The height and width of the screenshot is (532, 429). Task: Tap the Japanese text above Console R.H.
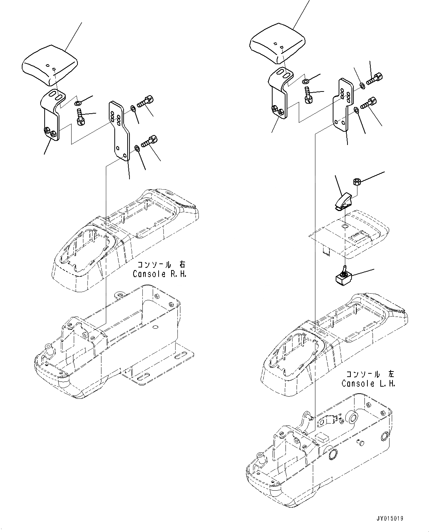coord(162,265)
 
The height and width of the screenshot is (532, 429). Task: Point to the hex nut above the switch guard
coord(356,181)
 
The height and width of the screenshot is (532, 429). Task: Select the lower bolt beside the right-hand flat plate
coord(149,141)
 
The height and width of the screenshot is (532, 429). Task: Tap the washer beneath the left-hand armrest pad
coord(306,81)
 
